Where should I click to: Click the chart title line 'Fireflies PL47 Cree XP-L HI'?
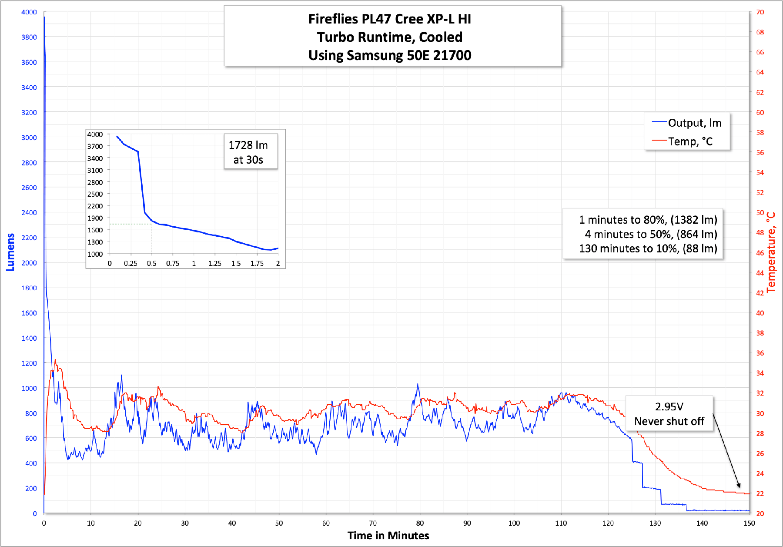tap(389, 19)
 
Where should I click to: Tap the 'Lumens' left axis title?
tap(10, 252)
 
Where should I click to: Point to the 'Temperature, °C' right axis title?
tap(771, 252)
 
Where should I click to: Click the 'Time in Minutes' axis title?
tap(388, 536)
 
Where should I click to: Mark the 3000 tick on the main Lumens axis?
tap(29, 138)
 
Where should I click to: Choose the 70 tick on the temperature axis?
tap(760, 12)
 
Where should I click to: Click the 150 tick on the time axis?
tap(749, 523)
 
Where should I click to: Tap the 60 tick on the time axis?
tap(326, 523)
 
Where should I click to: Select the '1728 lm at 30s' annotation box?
tap(251, 152)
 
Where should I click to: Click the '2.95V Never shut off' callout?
tap(669, 414)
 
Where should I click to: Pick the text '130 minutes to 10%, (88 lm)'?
tap(648, 248)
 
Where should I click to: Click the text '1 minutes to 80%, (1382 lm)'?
tap(648, 220)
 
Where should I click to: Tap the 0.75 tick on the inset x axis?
tap(173, 263)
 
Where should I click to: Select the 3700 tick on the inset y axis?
tap(95, 146)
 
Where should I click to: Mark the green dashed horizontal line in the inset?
tap(130, 224)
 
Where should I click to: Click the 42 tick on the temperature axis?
tap(760, 293)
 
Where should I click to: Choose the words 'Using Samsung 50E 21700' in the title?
tap(390, 55)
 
